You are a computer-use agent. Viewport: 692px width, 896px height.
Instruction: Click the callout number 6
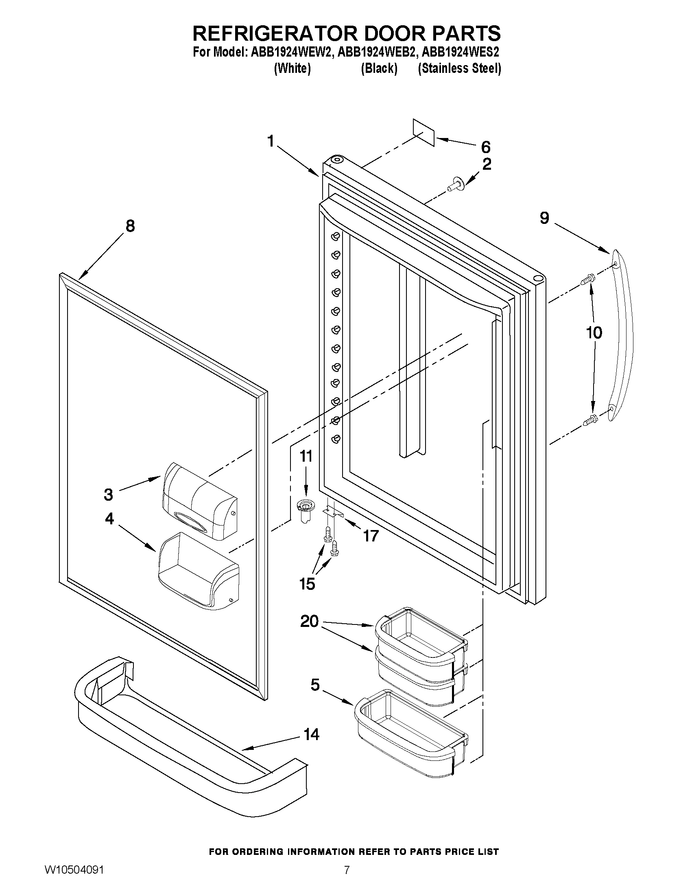point(485,147)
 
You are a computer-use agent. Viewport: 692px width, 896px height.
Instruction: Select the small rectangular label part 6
point(423,132)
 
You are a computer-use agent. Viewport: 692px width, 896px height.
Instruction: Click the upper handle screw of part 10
point(588,280)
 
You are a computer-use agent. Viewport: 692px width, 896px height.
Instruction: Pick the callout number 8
point(130,226)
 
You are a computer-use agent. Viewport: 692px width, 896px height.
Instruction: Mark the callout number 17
point(370,535)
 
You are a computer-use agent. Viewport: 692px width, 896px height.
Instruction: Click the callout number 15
point(307,583)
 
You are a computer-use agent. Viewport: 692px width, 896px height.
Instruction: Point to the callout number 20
point(309,621)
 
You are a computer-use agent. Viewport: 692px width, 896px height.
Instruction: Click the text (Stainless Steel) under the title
point(459,68)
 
